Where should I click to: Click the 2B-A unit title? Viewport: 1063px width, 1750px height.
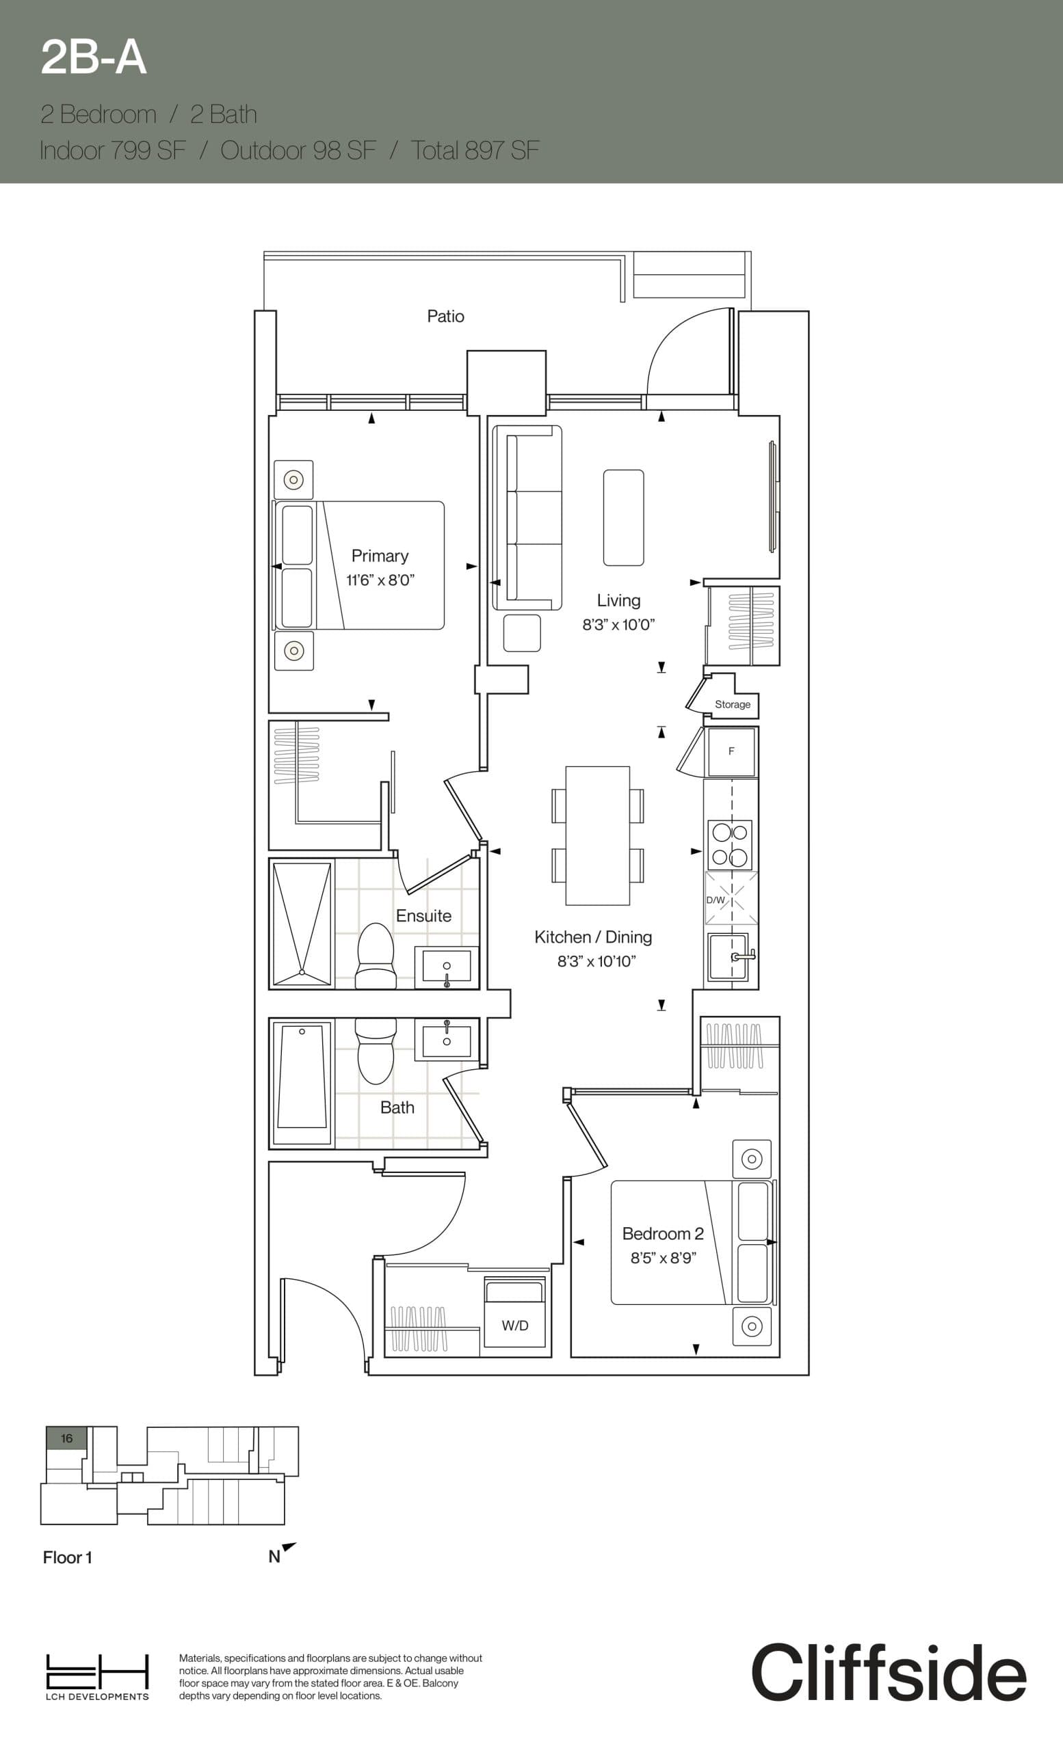click(93, 57)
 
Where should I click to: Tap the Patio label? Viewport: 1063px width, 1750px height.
click(445, 316)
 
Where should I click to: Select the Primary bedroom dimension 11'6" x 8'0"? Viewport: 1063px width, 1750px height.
click(380, 580)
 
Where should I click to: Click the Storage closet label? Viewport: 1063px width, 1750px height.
click(732, 705)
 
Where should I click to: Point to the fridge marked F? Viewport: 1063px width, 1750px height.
click(731, 751)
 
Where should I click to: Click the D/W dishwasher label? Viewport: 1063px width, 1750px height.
click(715, 900)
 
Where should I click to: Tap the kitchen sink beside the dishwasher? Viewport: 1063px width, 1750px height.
click(729, 956)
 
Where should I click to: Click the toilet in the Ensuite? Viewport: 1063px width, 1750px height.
click(375, 956)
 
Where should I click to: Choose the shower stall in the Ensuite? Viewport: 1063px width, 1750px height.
click(302, 924)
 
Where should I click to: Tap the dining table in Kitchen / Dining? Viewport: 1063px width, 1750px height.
click(598, 835)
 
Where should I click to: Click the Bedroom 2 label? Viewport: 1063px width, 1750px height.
click(662, 1234)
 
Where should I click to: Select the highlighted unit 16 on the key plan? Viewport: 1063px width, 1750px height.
click(66, 1438)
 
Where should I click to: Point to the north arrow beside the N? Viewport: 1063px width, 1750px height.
click(289, 1547)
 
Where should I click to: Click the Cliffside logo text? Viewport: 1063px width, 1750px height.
click(888, 1672)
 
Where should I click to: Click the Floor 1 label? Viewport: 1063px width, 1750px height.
click(68, 1557)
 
